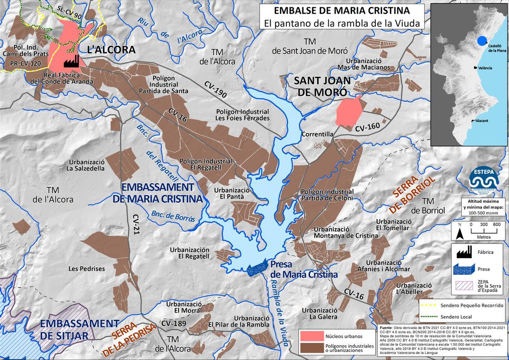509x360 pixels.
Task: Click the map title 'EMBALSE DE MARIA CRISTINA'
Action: pyautogui.click(x=341, y=10)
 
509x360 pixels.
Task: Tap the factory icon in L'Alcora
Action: pyautogui.click(x=72, y=61)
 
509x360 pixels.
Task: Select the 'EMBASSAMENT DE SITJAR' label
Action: pyautogui.click(x=73, y=329)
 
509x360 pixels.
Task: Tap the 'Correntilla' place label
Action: pyautogui.click(x=317, y=134)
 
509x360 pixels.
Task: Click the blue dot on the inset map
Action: pyautogui.click(x=482, y=41)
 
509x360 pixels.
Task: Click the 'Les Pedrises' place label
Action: pyautogui.click(x=87, y=269)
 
